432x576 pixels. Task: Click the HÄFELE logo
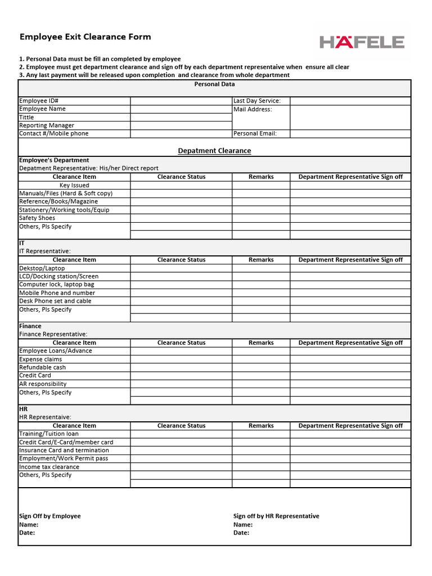click(x=362, y=42)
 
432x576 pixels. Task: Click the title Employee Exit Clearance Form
click(x=85, y=37)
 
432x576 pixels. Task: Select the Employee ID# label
click(x=39, y=101)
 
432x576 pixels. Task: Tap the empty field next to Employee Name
click(x=181, y=109)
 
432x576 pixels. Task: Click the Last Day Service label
click(x=257, y=101)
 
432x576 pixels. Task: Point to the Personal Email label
click(x=255, y=134)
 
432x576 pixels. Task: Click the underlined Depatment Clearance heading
click(x=214, y=151)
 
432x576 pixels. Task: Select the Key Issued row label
click(x=74, y=185)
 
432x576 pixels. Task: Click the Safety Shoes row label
click(x=37, y=218)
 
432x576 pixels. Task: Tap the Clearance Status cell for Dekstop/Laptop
click(x=181, y=268)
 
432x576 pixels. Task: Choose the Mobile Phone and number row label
click(x=57, y=293)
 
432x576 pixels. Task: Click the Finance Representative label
click(x=53, y=334)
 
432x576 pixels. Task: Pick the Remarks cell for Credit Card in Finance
click(x=261, y=376)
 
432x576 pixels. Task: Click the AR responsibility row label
click(x=43, y=384)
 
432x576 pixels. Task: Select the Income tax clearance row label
click(x=49, y=467)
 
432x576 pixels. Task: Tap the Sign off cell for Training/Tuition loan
click(x=350, y=434)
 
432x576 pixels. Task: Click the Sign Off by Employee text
click(x=50, y=516)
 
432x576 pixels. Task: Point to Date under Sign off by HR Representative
click(x=241, y=533)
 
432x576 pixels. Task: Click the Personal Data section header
click(x=214, y=84)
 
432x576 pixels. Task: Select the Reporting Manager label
click(x=47, y=125)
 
